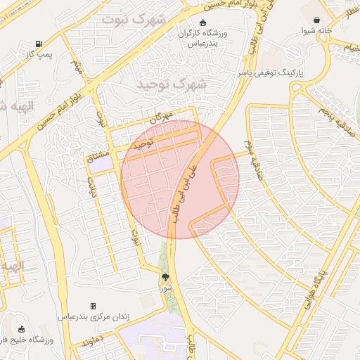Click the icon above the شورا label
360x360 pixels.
click(165, 277)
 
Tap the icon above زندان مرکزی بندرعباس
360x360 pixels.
click(93, 307)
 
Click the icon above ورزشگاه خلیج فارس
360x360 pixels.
click(21, 329)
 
